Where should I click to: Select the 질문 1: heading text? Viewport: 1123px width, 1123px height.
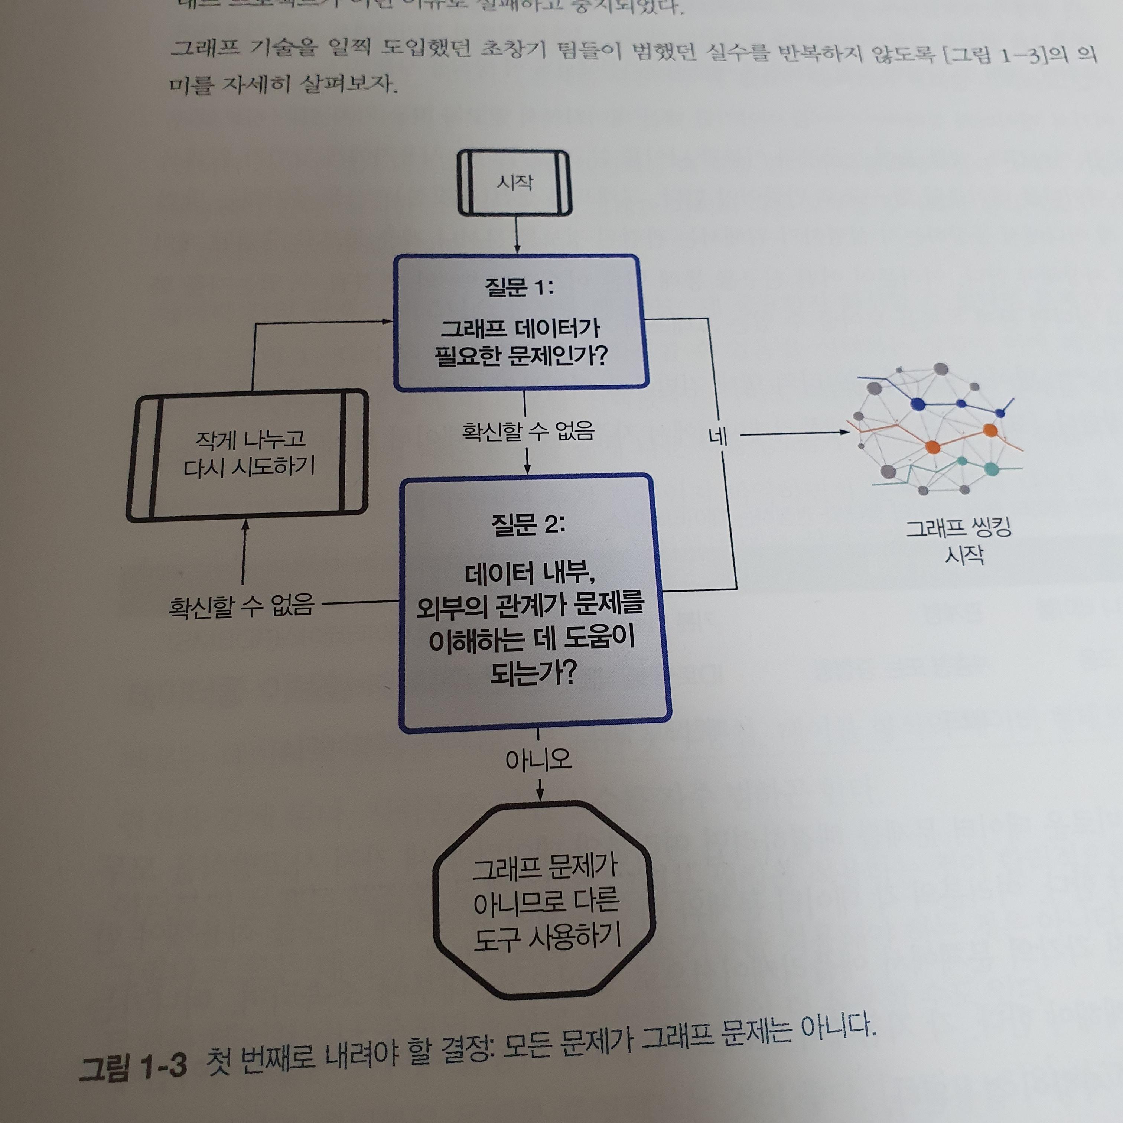pyautogui.click(x=519, y=287)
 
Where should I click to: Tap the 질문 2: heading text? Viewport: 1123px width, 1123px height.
pyautogui.click(x=528, y=525)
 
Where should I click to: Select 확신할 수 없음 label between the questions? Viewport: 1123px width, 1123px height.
pyautogui.click(x=528, y=431)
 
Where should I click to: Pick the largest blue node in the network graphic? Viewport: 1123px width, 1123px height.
pyautogui.click(x=918, y=403)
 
